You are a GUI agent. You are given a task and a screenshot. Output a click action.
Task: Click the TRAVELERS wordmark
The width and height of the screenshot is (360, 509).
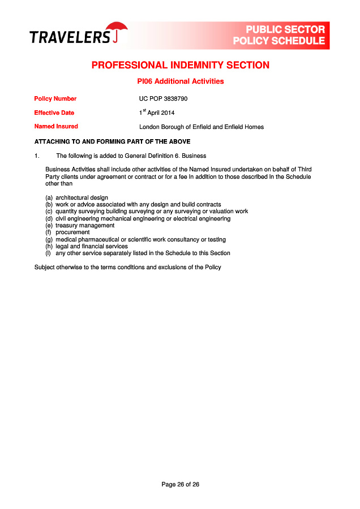[x=70, y=37]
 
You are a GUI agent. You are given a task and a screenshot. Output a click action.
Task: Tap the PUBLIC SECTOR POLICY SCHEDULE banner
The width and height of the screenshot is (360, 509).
[x=279, y=35]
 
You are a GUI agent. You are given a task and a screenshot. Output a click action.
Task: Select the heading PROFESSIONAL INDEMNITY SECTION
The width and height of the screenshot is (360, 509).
[x=180, y=65]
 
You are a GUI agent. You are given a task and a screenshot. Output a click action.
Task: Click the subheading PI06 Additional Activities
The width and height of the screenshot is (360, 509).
[x=180, y=81]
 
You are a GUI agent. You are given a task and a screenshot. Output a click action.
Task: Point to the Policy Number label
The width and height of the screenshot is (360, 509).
[x=55, y=98]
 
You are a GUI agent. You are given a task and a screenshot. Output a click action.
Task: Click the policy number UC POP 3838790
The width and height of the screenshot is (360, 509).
[x=163, y=98]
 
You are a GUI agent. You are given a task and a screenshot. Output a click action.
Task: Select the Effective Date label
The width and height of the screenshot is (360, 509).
[x=54, y=113]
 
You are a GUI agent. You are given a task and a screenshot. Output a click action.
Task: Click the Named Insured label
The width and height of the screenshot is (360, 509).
[x=56, y=126]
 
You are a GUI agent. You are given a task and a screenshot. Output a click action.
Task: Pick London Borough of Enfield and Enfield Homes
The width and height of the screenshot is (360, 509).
[x=201, y=127]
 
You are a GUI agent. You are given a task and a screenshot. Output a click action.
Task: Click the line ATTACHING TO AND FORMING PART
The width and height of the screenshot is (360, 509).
[x=112, y=141]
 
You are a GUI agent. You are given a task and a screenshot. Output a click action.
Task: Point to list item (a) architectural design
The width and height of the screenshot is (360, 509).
[x=77, y=197]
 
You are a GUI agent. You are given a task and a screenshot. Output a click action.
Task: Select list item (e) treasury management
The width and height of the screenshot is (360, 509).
[x=80, y=225]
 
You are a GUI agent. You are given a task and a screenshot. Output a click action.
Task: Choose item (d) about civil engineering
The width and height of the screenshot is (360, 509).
[x=138, y=218]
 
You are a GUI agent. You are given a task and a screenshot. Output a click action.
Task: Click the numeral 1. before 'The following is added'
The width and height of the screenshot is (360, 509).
[x=37, y=156]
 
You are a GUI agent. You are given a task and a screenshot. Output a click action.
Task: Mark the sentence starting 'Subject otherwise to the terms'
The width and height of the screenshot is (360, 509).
[x=128, y=267]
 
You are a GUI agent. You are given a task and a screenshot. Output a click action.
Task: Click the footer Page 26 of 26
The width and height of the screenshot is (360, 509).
[x=180, y=484]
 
